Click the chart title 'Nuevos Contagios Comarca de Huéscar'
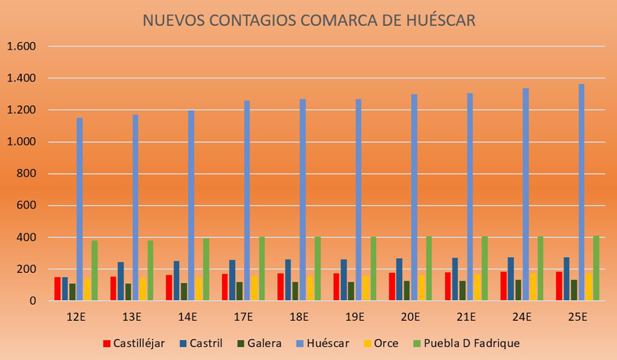(309, 21)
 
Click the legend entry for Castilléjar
(134, 343)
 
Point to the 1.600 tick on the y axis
(20, 47)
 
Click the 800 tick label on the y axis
(25, 174)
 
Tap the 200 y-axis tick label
(25, 269)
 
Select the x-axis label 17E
(243, 317)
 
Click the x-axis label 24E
(522, 317)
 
